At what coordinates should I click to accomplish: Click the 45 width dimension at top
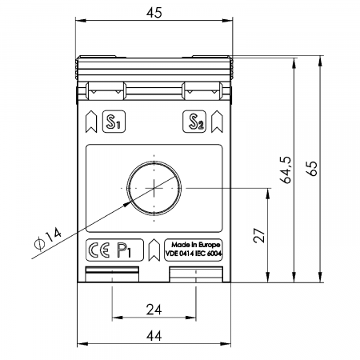tap(154, 13)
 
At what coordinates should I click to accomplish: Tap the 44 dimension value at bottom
tap(154, 336)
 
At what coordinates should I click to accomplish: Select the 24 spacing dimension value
tap(154, 310)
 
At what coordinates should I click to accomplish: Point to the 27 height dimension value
tap(259, 235)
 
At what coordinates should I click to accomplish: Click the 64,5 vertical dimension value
tap(286, 170)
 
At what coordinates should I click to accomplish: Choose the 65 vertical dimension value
tap(312, 169)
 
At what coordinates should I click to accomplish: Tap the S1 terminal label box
tap(114, 122)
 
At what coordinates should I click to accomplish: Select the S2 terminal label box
tap(194, 122)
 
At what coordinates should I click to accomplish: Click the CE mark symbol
tap(98, 250)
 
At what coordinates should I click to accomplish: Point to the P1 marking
tap(124, 250)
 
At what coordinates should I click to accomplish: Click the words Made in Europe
tap(196, 245)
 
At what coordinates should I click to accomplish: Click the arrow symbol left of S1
tap(91, 122)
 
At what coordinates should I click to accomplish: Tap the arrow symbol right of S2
tap(217, 122)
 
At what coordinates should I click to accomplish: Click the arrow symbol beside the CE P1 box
tap(154, 250)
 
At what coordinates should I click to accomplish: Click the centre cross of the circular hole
tap(154, 188)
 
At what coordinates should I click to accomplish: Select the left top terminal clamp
tap(106, 91)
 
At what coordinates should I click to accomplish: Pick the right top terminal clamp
tap(202, 91)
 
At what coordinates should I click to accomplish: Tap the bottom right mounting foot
tap(196, 274)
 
